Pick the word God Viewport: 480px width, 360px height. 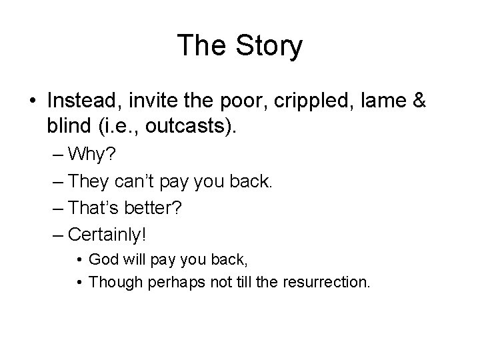[103, 259]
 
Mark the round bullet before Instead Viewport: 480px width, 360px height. [33, 102]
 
